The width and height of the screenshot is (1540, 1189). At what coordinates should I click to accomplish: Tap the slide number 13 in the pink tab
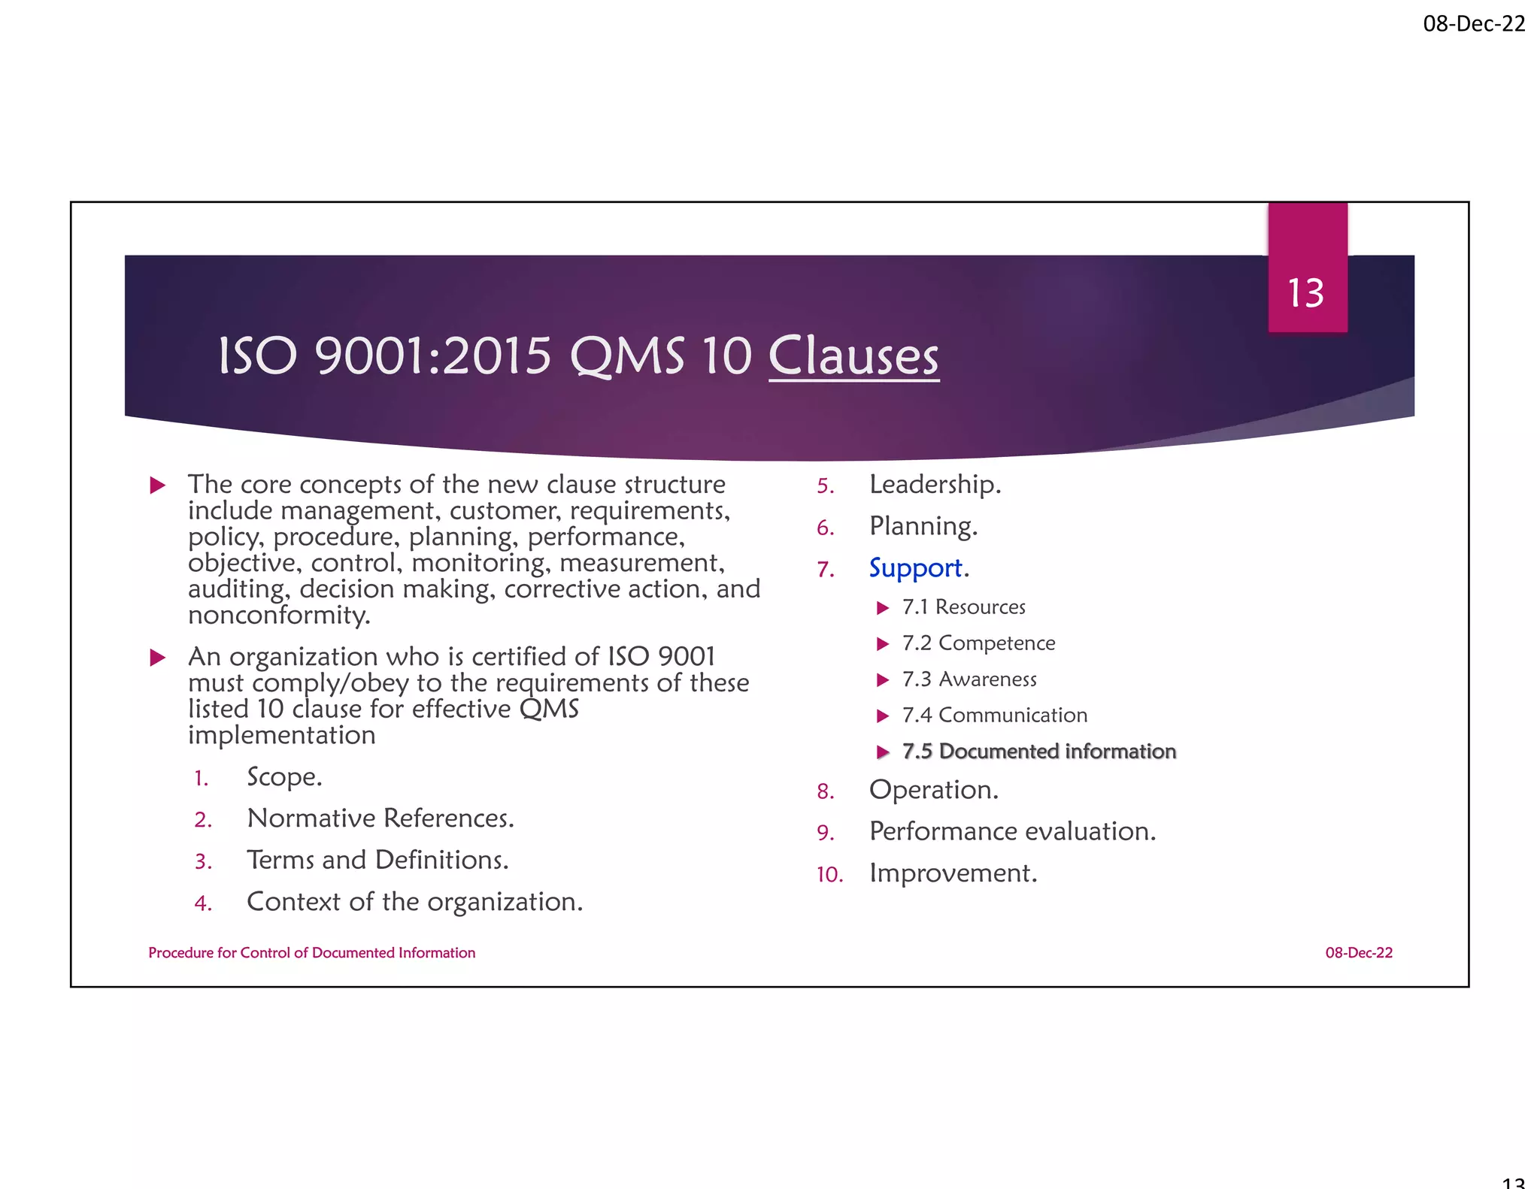coord(1306,292)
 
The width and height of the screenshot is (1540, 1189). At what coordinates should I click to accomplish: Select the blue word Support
coord(916,567)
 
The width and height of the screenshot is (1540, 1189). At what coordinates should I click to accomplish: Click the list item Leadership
coord(935,484)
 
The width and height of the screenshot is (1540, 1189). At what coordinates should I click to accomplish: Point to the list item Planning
coord(923,526)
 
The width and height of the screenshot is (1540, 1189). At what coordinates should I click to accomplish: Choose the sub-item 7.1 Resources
coord(964,607)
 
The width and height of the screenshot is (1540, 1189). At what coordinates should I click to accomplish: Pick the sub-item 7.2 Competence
coord(978,643)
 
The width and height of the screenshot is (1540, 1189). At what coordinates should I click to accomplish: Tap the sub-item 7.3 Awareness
coord(969,679)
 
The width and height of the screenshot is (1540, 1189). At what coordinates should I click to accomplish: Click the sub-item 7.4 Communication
coord(995,716)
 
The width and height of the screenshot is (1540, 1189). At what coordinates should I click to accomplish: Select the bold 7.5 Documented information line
coord(1039,752)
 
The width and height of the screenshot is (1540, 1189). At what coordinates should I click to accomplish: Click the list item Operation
coord(933,790)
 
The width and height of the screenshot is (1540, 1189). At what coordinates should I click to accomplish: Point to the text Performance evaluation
coord(1012,831)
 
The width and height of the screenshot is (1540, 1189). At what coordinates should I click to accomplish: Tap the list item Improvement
coord(953,873)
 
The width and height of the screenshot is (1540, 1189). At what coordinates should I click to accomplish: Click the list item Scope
coord(284,776)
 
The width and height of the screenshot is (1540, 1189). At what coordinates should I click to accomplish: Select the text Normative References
coord(380,818)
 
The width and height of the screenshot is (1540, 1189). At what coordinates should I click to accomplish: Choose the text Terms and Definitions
coord(377,860)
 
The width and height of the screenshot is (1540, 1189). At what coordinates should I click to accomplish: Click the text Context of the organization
coord(414,902)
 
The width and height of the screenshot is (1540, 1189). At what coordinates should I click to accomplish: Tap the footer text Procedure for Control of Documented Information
coord(311,953)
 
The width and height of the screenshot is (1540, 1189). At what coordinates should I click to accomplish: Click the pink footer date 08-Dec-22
coord(1359,953)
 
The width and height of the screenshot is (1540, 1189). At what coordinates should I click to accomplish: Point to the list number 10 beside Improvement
coord(829,875)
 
